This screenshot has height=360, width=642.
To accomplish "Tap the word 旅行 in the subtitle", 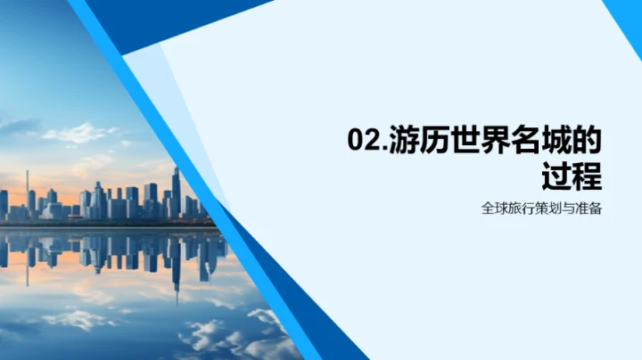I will pos(520,210).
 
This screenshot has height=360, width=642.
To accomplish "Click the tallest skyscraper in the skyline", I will pos(176,192).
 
